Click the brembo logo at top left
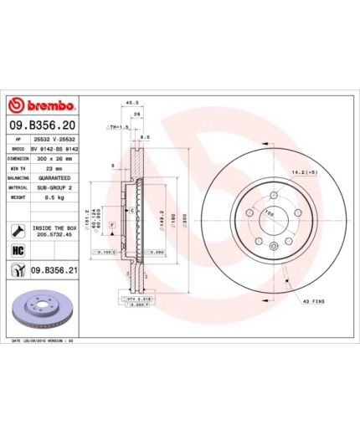pos(43,107)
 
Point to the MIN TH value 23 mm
pos(55,168)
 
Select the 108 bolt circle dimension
pos(270,213)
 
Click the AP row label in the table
pos(18,136)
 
